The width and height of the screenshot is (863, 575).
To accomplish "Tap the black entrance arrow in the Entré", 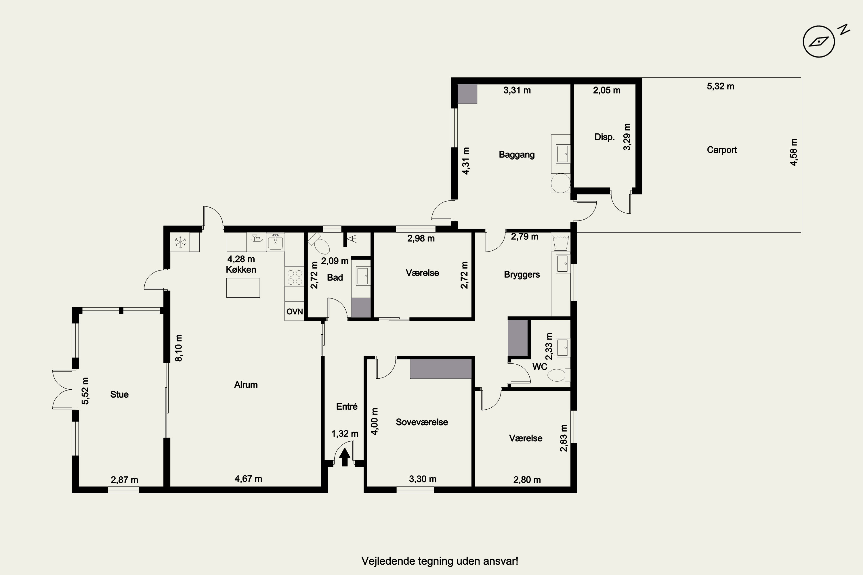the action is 345,457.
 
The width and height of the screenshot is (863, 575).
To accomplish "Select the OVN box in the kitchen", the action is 294,311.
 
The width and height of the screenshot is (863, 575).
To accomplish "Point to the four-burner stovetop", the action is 295,277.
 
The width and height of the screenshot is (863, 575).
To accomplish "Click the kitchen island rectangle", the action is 243,287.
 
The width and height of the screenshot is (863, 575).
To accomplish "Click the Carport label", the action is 722,149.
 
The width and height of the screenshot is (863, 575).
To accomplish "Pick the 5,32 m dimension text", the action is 721,86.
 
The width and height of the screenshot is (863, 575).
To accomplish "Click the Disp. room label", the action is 604,137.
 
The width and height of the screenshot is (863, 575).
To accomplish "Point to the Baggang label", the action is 517,154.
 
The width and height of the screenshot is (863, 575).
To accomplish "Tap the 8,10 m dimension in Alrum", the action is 178,348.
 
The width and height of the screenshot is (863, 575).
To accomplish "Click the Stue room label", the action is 119,394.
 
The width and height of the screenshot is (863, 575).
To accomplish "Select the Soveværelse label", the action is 422,422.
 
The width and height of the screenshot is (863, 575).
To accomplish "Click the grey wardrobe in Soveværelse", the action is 441,369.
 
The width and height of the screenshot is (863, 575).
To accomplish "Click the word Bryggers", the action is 522,275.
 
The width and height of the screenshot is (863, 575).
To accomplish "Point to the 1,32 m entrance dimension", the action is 345,434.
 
